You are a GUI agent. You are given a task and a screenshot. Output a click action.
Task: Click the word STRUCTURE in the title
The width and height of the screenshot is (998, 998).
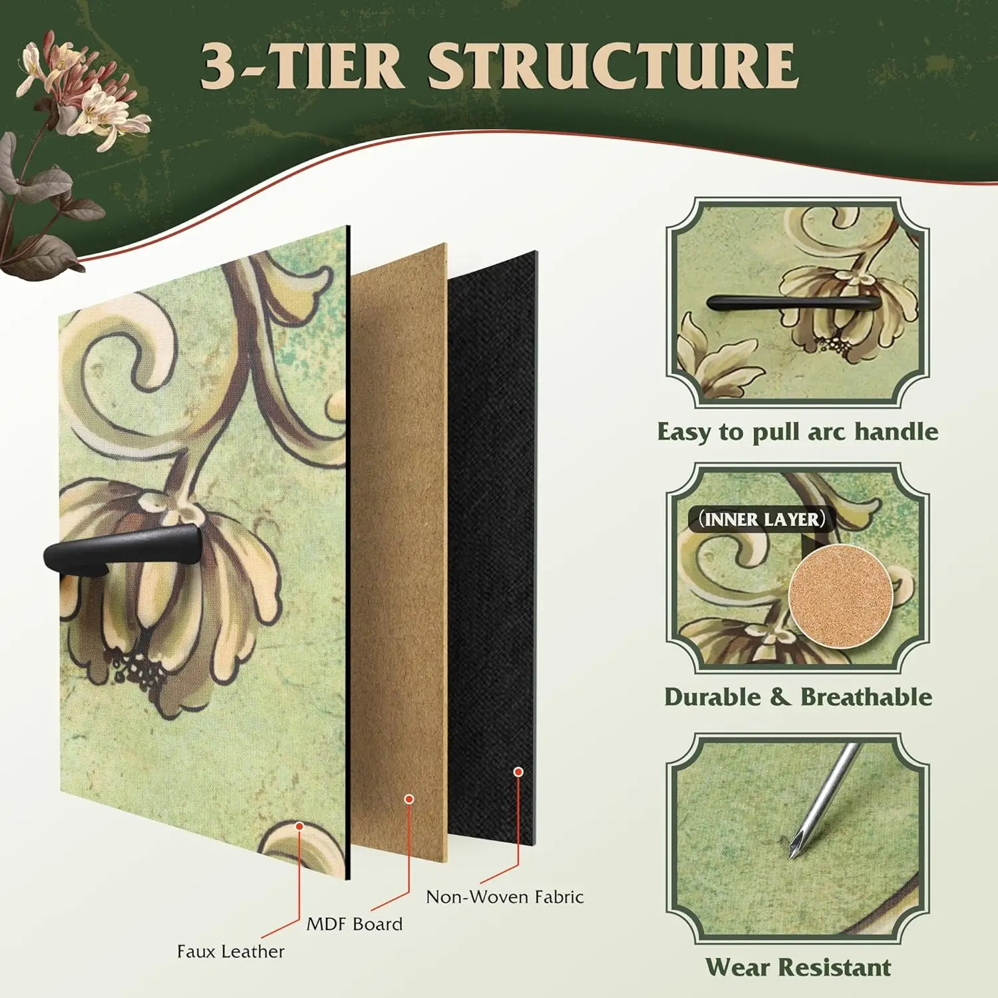(612, 67)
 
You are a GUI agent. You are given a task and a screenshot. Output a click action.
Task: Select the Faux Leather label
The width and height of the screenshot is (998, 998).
(230, 951)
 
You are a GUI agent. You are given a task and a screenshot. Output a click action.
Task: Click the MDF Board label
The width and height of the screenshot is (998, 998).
(354, 924)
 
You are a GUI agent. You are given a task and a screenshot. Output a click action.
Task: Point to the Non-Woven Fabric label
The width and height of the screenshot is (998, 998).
(504, 897)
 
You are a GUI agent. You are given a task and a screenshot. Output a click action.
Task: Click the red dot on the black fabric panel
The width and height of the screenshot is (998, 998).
(518, 772)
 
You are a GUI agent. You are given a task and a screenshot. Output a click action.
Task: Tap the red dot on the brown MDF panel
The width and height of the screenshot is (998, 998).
(409, 799)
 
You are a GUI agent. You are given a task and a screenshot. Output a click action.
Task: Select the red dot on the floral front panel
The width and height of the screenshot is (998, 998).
(299, 826)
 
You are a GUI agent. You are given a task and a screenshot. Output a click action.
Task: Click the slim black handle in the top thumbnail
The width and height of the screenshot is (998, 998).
(792, 303)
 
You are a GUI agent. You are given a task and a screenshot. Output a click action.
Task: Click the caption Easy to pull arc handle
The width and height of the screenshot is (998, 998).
(797, 432)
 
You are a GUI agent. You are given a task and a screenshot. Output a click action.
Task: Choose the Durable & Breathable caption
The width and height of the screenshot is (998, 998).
(797, 697)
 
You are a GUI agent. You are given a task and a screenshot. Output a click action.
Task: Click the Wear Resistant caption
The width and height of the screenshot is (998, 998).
(797, 967)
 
